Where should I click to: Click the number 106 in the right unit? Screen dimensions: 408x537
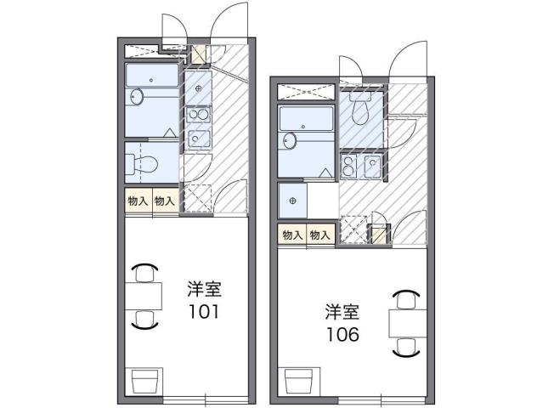coord(341,333)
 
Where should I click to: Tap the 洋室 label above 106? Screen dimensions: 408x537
coord(341,311)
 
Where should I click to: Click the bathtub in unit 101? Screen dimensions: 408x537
coord(153,76)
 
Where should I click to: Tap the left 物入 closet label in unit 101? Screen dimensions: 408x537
coord(138,201)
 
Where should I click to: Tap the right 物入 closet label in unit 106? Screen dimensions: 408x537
coord(319,235)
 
